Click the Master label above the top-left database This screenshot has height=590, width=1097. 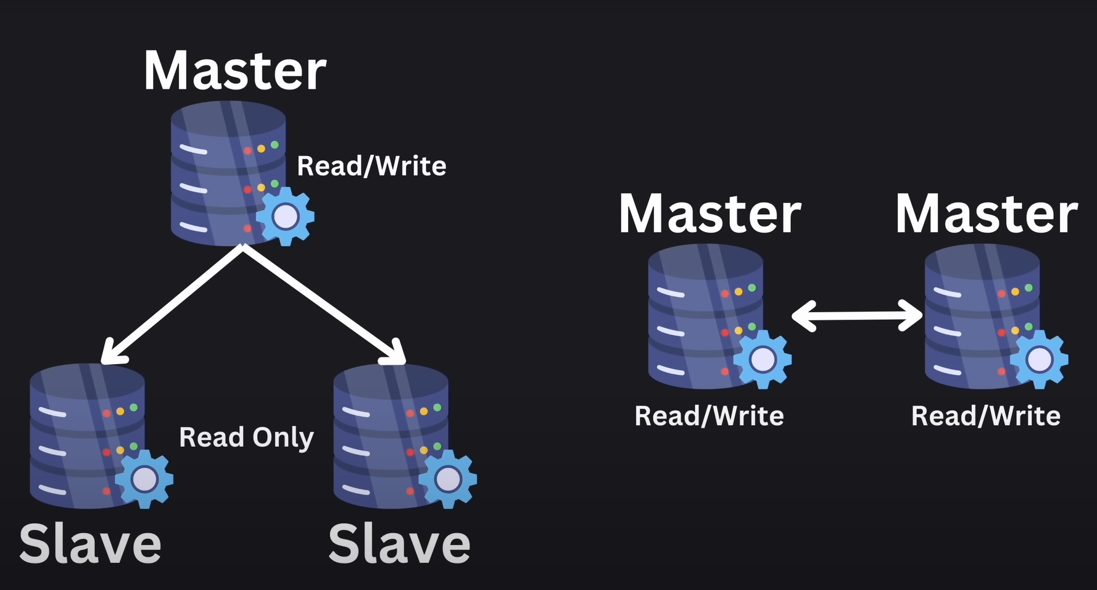[234, 72]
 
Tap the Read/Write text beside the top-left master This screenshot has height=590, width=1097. [371, 166]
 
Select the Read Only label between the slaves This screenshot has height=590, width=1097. [246, 438]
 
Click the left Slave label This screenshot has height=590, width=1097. [90, 544]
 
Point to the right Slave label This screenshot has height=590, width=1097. [399, 544]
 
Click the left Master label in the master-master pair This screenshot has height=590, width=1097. [710, 214]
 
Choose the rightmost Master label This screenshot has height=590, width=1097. [986, 214]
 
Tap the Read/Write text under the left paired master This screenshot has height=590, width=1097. [709, 416]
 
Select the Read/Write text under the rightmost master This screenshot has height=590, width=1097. [985, 416]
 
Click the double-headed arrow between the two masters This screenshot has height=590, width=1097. [857, 315]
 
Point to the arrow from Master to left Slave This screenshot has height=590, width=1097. [173, 304]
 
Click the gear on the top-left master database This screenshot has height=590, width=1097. [285, 216]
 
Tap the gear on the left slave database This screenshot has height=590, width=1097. [144, 479]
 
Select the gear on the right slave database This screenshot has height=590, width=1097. [448, 479]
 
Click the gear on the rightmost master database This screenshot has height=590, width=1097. [1039, 359]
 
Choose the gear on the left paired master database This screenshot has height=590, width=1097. [763, 359]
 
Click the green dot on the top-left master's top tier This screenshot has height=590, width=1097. [275, 145]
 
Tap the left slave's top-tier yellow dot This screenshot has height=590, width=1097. [120, 411]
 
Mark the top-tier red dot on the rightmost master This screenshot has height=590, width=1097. [1001, 294]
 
